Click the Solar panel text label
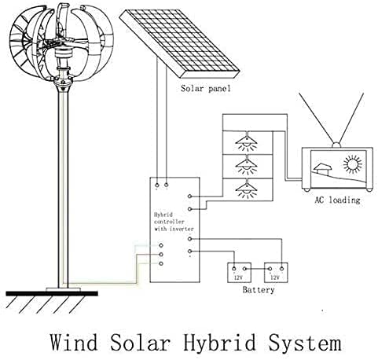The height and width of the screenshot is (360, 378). (x=205, y=89)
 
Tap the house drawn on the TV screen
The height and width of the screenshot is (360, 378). (x=322, y=169)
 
